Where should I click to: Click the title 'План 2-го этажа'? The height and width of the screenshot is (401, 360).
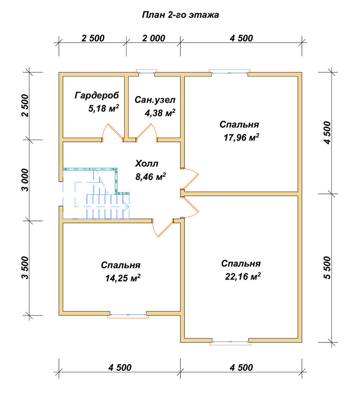(180, 15)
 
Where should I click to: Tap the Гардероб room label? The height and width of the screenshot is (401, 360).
(97, 95)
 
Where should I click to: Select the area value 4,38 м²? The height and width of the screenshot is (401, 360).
(160, 113)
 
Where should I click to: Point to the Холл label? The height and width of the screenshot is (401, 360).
(146, 164)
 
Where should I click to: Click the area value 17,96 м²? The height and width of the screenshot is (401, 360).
(241, 138)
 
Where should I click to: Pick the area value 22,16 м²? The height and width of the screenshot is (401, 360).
(243, 276)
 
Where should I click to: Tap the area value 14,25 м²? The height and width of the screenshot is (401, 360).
(123, 278)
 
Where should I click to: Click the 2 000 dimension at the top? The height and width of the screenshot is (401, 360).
(154, 38)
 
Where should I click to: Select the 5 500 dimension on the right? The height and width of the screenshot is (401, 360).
(327, 268)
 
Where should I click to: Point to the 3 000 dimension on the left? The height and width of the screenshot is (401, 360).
(25, 180)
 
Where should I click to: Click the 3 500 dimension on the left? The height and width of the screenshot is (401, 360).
(25, 268)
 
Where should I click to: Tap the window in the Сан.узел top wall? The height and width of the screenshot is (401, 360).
(146, 73)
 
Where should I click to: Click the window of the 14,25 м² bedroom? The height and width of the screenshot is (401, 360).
(128, 315)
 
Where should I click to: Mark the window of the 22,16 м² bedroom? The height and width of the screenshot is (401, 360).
(231, 342)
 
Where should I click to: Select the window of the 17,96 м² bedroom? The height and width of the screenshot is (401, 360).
(230, 73)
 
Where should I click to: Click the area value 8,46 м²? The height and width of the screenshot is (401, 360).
(151, 177)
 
